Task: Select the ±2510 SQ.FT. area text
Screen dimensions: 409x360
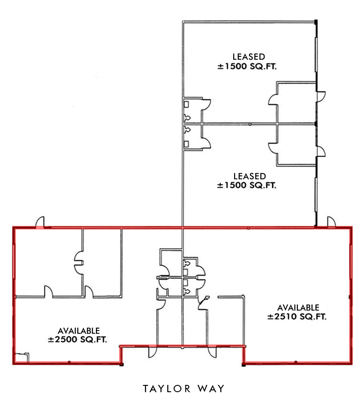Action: [298, 317]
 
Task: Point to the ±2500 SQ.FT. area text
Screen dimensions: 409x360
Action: [79, 339]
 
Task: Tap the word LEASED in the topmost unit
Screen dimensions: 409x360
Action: [248, 57]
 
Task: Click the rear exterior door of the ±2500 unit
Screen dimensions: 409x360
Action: [40, 221]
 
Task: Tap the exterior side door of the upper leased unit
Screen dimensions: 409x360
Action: [321, 96]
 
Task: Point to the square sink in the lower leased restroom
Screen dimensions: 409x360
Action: [186, 145]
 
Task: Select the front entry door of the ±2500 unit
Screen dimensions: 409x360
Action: [151, 352]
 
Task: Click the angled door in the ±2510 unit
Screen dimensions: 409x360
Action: [203, 302]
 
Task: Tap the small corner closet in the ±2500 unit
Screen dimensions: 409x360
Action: [20, 358]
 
